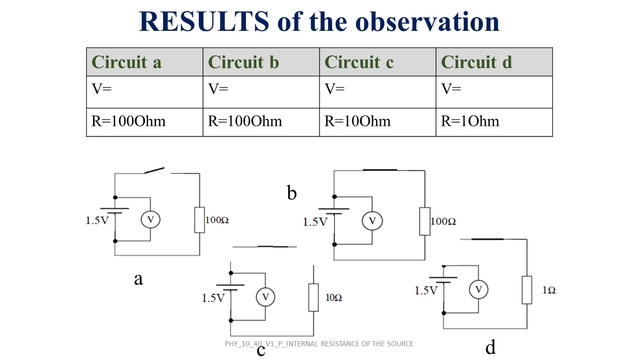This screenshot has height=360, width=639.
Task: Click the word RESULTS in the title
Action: click(204, 21)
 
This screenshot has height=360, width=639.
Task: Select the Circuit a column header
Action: click(145, 62)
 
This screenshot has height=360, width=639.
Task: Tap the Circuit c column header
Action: click(378, 62)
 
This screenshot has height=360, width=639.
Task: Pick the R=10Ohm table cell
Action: click(378, 122)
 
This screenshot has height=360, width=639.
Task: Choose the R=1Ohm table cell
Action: click(494, 122)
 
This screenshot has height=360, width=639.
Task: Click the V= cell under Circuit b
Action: click(261, 92)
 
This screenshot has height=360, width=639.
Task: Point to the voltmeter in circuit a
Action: click(150, 220)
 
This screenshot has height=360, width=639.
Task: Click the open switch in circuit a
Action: click(154, 170)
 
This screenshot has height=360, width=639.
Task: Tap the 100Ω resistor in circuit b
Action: click(425, 221)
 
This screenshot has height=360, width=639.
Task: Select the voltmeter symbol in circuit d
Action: click(479, 290)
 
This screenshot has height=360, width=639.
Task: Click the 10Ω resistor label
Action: click(333, 298)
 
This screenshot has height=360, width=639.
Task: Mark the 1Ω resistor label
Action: click(549, 290)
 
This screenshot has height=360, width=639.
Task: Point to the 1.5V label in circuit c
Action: click(213, 298)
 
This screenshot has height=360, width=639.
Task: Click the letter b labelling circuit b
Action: click(292, 193)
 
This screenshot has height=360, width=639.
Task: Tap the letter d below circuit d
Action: click(491, 347)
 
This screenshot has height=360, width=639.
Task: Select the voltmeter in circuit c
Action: click(266, 297)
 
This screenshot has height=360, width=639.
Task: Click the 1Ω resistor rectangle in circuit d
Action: click(527, 290)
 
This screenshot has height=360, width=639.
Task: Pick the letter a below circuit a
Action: click(139, 279)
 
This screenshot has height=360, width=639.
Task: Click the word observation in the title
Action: click(427, 22)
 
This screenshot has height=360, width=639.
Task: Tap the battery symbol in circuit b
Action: click(334, 211)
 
